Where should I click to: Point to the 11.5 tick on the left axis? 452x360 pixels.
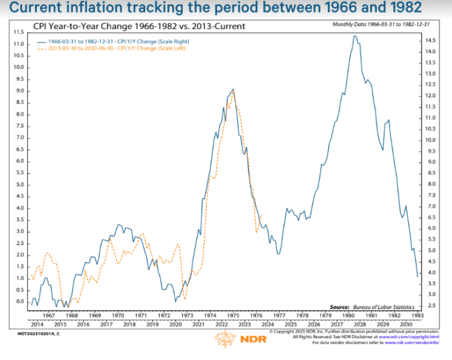(19, 32)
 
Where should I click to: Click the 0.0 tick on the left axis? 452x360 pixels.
(19, 301)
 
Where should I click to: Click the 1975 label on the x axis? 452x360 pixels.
(234, 316)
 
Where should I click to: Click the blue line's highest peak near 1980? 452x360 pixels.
(354, 36)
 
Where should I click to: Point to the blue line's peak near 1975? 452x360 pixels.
(233, 89)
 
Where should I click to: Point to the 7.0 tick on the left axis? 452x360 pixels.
(19, 137)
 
